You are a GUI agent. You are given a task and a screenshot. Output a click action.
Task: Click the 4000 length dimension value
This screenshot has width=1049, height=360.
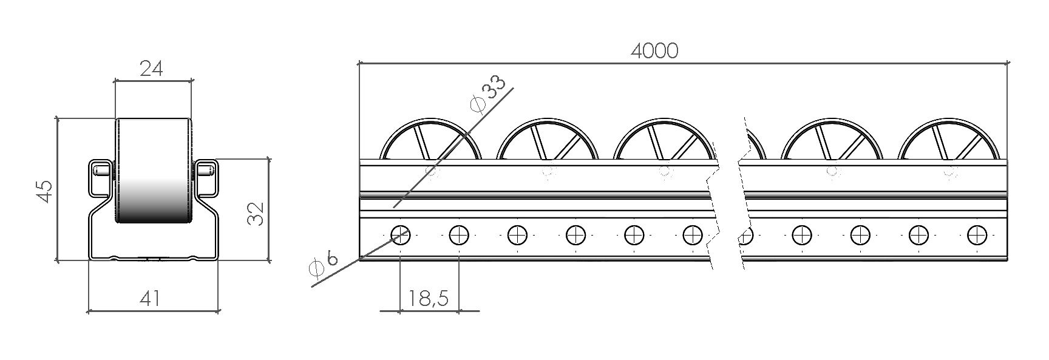[654, 51]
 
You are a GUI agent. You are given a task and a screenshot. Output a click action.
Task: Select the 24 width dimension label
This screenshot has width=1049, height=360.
[152, 69]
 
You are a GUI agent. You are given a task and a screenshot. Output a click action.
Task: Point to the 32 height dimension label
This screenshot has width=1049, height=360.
[257, 213]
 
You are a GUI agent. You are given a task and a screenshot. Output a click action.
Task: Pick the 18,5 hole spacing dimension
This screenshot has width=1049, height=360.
[428, 298]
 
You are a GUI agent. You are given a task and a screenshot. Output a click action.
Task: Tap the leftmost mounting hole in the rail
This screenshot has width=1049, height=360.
[401, 234]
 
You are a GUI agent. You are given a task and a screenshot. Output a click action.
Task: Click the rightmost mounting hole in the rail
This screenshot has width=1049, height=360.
[977, 234]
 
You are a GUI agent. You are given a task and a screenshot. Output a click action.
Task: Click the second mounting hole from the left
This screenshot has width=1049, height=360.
[459, 234]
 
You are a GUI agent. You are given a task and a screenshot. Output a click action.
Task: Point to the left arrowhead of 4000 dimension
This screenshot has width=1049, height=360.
[361, 62]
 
